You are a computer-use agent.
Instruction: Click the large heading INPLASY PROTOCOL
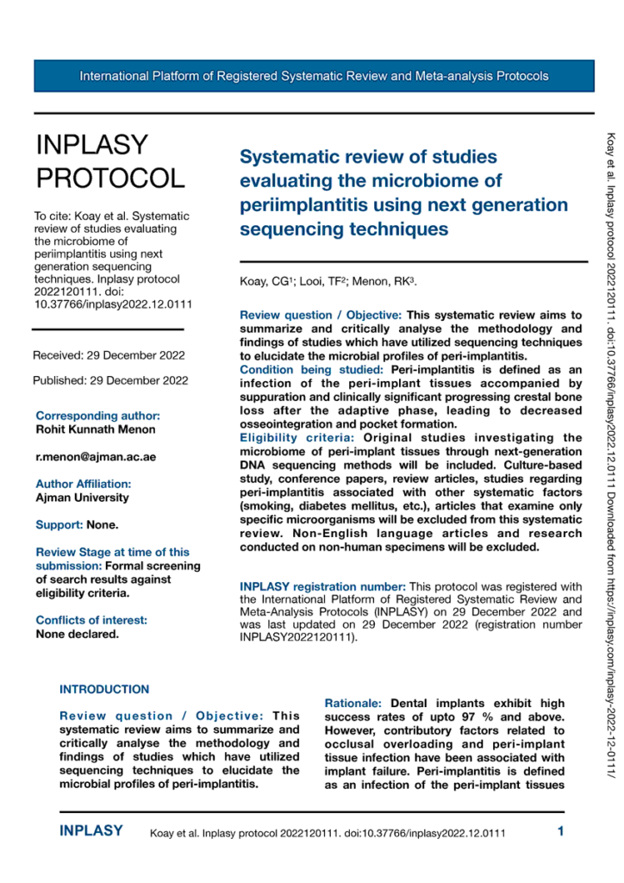[109, 161]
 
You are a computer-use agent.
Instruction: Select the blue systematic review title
[403, 193]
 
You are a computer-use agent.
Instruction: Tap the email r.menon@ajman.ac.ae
[96, 456]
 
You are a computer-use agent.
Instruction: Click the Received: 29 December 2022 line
[109, 354]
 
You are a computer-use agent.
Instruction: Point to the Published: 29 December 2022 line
[110, 379]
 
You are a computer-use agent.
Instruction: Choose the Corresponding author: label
[97, 416]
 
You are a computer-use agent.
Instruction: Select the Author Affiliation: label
[83, 484]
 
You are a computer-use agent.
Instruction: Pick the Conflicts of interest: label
[91, 596]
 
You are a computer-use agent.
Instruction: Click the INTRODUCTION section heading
[103, 666]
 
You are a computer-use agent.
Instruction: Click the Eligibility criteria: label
[290, 438]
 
